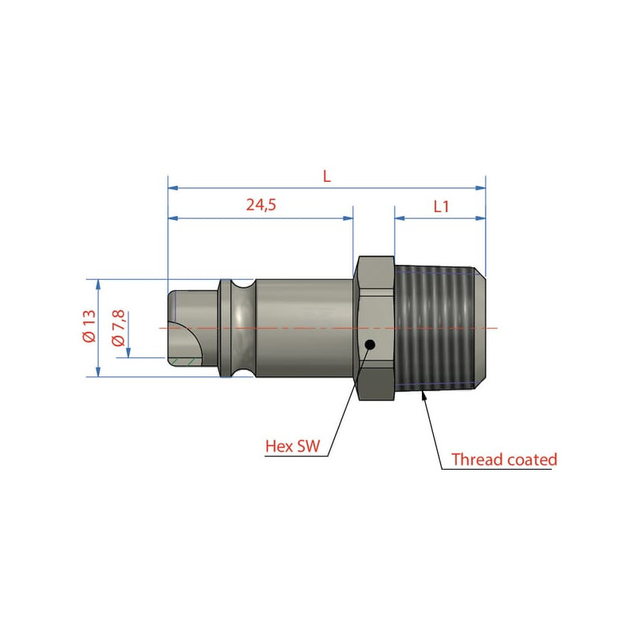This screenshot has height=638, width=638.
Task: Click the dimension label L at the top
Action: point(327,176)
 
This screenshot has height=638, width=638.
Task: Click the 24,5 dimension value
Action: point(261,205)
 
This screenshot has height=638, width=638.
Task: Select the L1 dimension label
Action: point(441,207)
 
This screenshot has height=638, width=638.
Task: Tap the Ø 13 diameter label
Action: point(89,325)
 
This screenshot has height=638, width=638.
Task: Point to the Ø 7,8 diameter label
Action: point(118,328)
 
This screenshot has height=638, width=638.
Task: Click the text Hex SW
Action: point(293,446)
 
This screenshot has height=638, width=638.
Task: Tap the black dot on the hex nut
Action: point(370,345)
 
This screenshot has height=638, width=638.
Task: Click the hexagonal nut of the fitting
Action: point(376,328)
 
